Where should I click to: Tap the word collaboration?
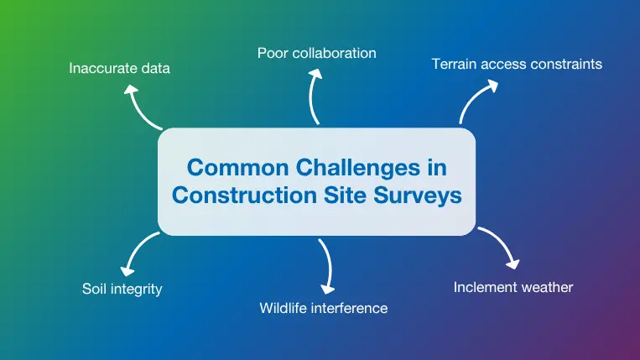[x=333, y=53]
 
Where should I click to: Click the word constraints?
[x=565, y=64]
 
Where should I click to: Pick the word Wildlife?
[x=284, y=308]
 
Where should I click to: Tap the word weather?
[x=547, y=287]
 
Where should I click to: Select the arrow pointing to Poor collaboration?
[x=314, y=97]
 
